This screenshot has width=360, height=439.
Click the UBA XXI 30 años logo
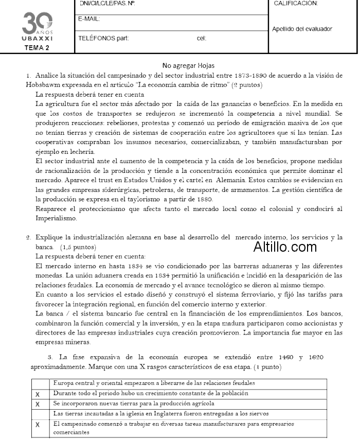tap(37, 26)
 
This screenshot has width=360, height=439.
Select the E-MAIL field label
tap(88, 19)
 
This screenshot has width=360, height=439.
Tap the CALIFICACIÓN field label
tap(296, 3)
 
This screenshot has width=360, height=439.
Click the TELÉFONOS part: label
tap(103, 38)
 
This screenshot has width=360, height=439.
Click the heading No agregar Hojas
tap(188, 65)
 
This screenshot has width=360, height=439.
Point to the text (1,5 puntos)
tap(77, 247)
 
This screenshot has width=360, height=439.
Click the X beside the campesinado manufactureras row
tap(38, 426)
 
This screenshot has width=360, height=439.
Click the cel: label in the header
tap(201, 38)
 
